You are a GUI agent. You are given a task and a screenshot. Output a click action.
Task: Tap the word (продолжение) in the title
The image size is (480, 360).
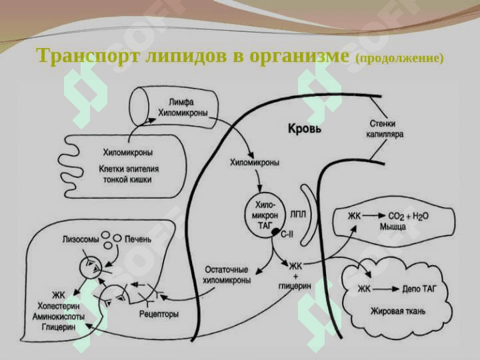[x=400, y=58]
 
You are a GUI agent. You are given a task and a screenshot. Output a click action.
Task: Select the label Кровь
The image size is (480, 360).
[x=304, y=128]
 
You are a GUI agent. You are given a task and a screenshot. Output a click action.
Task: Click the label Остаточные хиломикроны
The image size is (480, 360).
[x=226, y=275]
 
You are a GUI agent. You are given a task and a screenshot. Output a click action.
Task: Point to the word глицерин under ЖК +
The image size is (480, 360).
[x=295, y=283]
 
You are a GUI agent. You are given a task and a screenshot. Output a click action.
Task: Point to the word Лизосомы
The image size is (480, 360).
[x=82, y=238]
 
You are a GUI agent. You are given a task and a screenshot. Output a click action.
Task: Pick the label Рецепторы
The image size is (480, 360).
[x=159, y=313]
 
